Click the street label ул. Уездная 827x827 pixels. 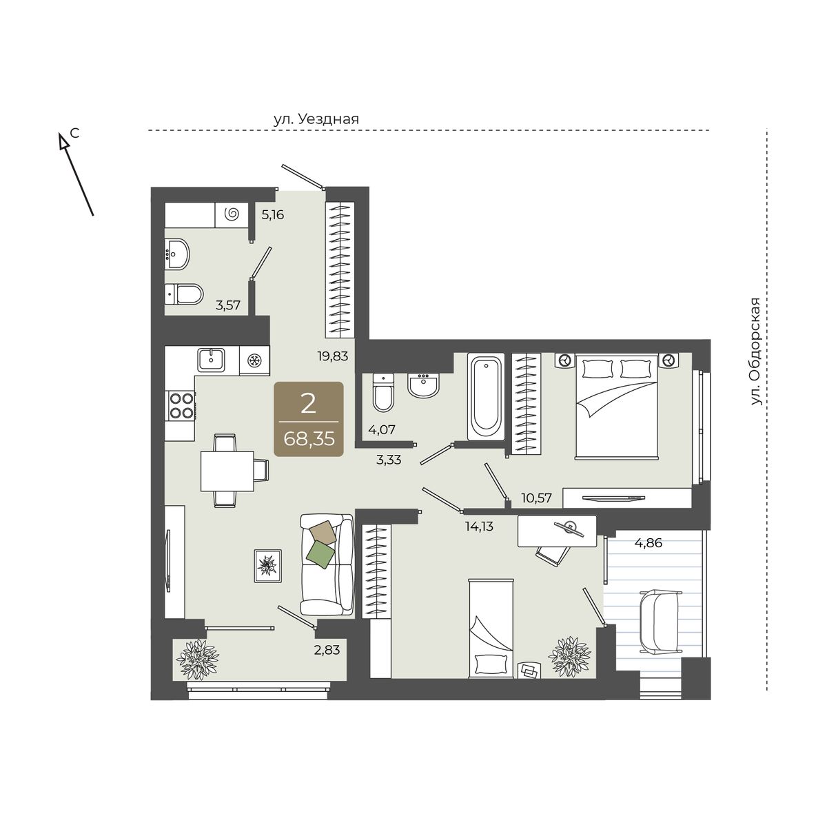[316, 119]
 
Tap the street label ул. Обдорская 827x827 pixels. [755, 351]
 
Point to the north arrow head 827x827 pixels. [64, 141]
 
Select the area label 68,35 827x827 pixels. [309, 439]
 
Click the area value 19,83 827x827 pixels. [333, 356]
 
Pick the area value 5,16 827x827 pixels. [273, 214]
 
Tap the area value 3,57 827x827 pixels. [228, 305]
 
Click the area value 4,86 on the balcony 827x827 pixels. [649, 543]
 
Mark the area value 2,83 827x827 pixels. [327, 650]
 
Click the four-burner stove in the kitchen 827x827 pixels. [181, 405]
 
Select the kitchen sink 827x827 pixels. [211, 360]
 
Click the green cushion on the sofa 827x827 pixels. [320, 554]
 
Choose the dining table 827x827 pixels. [227, 471]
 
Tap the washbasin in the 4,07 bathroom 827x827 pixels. [424, 385]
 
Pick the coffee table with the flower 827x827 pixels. [268, 566]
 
